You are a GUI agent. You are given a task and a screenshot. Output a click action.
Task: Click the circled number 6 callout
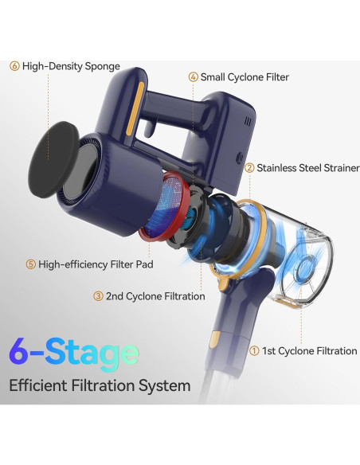14,66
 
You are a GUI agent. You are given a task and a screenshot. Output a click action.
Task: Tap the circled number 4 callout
194,77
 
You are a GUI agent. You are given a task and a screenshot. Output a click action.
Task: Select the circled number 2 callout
249,168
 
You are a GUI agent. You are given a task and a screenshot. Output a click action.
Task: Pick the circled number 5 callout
31,264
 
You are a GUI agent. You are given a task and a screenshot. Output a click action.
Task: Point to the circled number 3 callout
98,296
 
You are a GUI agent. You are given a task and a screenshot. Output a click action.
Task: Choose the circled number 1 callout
254,351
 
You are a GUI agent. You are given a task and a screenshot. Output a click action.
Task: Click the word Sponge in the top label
102,67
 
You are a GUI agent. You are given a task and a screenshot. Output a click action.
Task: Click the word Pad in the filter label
145,264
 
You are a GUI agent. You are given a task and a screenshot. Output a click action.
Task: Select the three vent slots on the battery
248,121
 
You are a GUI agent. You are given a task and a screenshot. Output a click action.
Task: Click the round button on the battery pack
241,158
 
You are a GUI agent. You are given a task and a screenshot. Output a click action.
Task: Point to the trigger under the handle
149,129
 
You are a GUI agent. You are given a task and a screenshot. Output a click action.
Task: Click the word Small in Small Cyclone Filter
213,77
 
